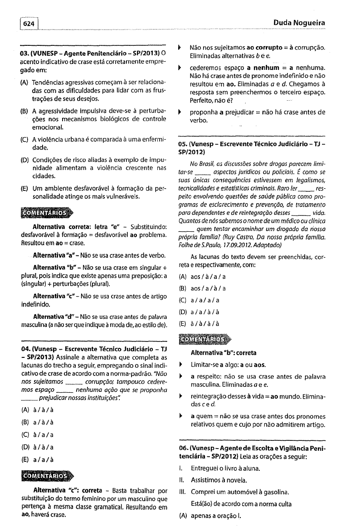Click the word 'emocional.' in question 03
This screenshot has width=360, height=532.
(49, 128)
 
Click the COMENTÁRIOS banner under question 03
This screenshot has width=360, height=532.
(46, 212)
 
